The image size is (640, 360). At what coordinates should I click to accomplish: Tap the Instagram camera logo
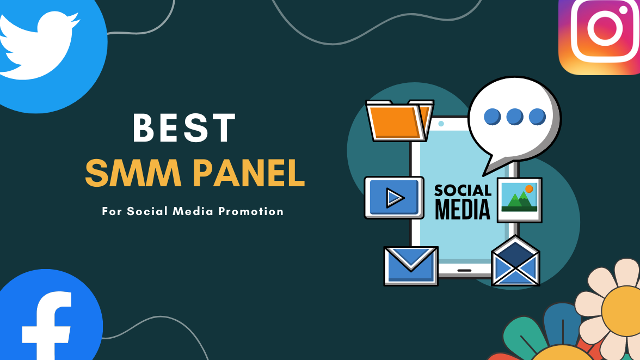point(599,37)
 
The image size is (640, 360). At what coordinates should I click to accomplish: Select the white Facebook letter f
point(47,325)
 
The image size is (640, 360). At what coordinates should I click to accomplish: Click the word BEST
point(184,128)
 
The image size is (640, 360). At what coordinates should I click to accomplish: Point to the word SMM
point(133,173)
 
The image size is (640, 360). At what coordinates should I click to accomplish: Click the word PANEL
point(249,173)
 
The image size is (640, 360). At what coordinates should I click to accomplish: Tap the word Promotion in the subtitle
point(250,211)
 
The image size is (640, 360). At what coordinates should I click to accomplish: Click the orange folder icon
point(399,120)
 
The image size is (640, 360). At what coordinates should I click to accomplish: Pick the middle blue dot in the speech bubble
point(515,117)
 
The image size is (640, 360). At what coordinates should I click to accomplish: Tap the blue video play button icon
point(394,198)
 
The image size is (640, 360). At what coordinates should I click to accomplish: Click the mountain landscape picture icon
point(519,200)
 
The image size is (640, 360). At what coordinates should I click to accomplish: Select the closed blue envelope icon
point(410,266)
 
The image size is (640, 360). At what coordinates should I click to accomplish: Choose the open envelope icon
point(515,261)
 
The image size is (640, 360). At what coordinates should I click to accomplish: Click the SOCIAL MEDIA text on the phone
point(463,202)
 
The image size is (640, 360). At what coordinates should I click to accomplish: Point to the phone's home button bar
point(465,271)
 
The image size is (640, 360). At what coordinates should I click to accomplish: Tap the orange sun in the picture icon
point(529,189)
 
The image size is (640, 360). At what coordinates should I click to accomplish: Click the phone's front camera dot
point(441,124)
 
